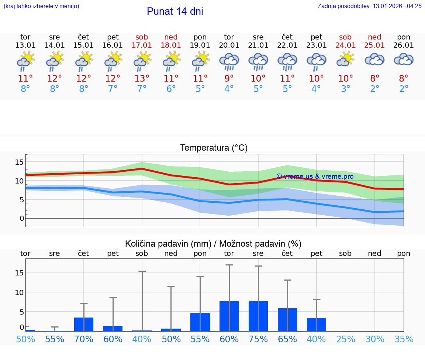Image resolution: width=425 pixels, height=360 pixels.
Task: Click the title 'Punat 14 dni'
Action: point(175,11)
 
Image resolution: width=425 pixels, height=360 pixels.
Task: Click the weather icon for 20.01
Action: point(229,61)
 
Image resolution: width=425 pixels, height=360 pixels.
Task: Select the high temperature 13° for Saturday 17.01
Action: point(142,79)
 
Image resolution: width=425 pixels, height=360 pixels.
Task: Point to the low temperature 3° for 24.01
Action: point(346,89)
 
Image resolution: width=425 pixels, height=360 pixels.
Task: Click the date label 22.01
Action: point(287,45)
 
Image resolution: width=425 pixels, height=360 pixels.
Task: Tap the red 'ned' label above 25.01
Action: point(374,37)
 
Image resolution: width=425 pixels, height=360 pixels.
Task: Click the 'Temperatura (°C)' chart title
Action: point(214,148)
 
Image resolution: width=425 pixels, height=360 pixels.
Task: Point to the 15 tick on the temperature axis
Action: point(19,162)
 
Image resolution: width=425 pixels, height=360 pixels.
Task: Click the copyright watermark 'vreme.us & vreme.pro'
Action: point(315,176)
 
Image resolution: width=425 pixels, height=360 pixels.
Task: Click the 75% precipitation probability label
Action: point(258,339)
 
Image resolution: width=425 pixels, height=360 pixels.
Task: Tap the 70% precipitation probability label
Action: point(84,339)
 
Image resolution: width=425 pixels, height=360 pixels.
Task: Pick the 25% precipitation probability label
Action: point(346,339)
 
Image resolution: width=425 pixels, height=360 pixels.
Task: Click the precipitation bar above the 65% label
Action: point(287,320)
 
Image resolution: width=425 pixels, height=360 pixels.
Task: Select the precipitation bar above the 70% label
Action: point(84,324)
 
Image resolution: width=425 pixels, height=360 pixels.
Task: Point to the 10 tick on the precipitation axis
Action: point(19,292)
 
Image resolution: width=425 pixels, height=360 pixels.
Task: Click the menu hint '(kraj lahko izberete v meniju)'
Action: point(41,6)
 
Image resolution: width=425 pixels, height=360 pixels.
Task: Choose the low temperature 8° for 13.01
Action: point(25,89)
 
